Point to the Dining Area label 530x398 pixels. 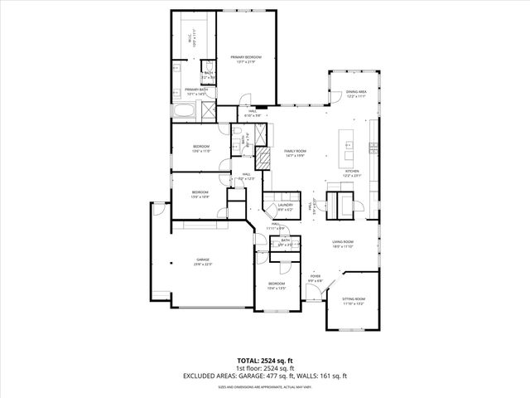click(x=356, y=94)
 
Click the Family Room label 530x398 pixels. click(x=296, y=153)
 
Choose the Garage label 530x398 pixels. click(x=203, y=263)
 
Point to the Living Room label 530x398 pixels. click(x=344, y=245)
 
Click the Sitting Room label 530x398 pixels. click(x=354, y=300)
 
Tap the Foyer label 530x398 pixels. click(x=316, y=278)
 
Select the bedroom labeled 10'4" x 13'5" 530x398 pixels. click(x=276, y=286)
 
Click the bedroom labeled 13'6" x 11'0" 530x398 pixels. click(x=202, y=149)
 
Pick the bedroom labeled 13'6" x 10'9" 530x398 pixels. click(x=200, y=195)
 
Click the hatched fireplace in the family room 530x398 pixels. click(x=263, y=158)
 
